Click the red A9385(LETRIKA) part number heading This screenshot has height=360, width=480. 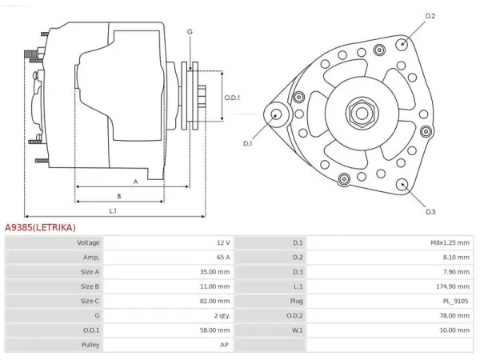click(x=40, y=227)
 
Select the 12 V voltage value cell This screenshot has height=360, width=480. click(x=223, y=242)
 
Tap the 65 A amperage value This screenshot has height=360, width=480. click(x=223, y=257)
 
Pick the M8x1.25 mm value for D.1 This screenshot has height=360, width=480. click(x=450, y=242)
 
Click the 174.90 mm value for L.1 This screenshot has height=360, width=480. click(x=453, y=286)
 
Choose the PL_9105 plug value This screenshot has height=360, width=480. click(x=455, y=301)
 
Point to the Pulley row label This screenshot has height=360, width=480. click(x=90, y=345)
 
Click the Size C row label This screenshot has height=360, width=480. click(x=90, y=301)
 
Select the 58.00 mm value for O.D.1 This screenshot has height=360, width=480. click(x=215, y=330)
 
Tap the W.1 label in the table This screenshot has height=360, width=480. click(x=298, y=330)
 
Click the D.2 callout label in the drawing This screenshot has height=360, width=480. click(x=430, y=16)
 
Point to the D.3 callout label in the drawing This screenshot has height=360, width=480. click(x=430, y=211)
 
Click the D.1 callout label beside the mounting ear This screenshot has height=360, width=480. click(x=247, y=143)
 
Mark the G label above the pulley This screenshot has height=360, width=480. click(x=190, y=31)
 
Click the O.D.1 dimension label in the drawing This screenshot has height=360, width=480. click(x=232, y=98)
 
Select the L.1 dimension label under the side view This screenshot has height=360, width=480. click(x=113, y=211)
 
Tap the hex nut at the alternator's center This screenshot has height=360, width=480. click(x=362, y=114)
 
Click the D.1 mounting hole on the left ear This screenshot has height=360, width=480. click(x=276, y=114)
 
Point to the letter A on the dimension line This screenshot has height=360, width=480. click(x=136, y=182)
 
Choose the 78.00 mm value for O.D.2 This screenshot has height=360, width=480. click(x=454, y=316)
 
